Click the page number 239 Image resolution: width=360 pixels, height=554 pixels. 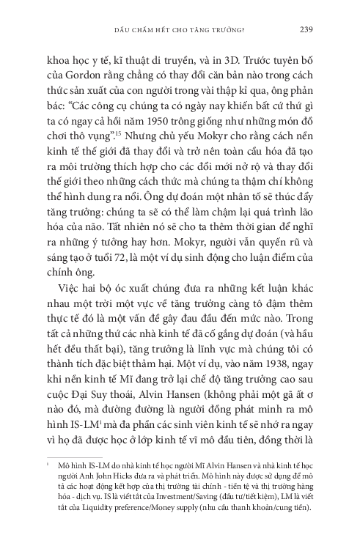tap(308, 29)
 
